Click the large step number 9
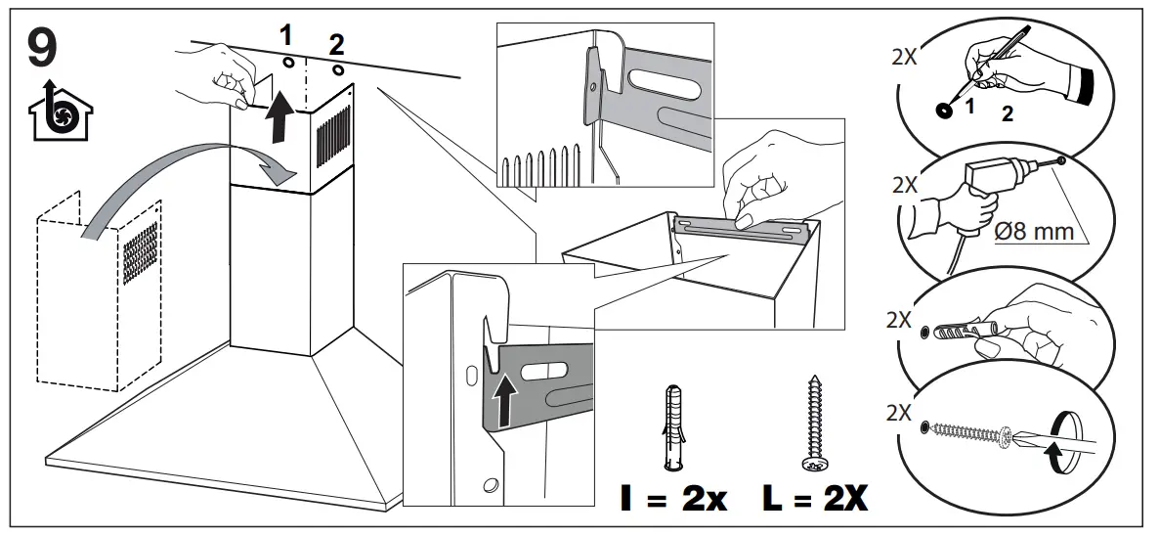point(41,47)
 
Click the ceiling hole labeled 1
point(288,62)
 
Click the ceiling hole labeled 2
point(337,70)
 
